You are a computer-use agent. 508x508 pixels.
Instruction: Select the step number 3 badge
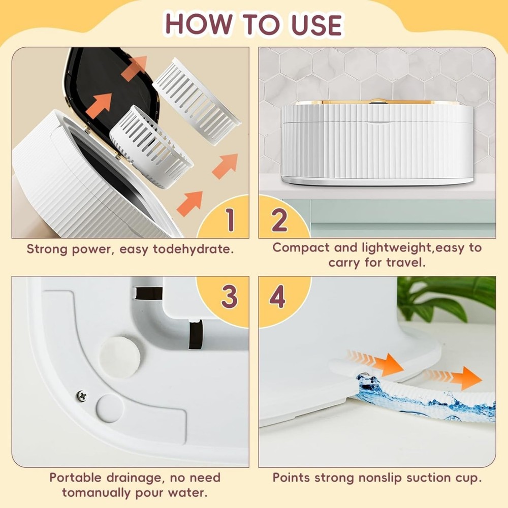click(230, 297)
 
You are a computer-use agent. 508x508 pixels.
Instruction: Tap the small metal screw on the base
click(81, 395)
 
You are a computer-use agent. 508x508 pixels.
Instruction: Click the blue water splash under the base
click(401, 401)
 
